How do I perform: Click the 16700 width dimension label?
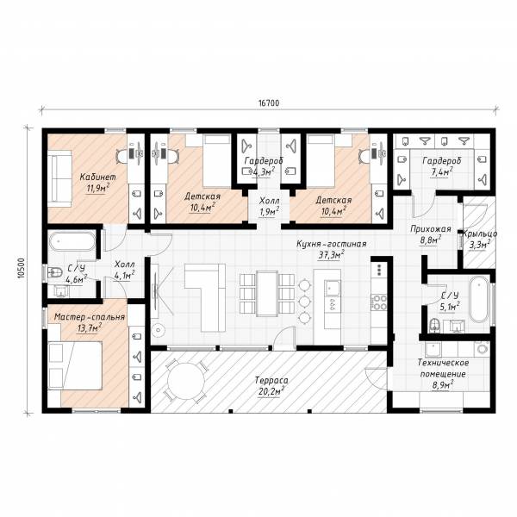[x=268, y=103]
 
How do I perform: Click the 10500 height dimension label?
[x=22, y=268]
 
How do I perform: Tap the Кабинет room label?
[x=98, y=177]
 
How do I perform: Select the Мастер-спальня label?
[x=90, y=317]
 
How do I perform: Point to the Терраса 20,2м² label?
[x=271, y=386]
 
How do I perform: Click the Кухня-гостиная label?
[x=332, y=244]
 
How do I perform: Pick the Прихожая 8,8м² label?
[x=431, y=234]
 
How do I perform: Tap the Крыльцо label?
[x=480, y=234]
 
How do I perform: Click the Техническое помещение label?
[x=443, y=368]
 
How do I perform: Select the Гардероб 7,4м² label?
[x=442, y=166]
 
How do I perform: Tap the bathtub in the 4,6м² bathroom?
[x=72, y=242]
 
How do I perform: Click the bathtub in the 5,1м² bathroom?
[x=479, y=299]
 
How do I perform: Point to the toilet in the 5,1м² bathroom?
[x=434, y=325]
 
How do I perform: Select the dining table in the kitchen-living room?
[x=267, y=293]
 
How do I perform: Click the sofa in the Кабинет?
[x=59, y=178]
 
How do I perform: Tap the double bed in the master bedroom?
[x=75, y=365]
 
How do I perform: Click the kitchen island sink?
[x=332, y=288]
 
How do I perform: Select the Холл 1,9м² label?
[x=270, y=206]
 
